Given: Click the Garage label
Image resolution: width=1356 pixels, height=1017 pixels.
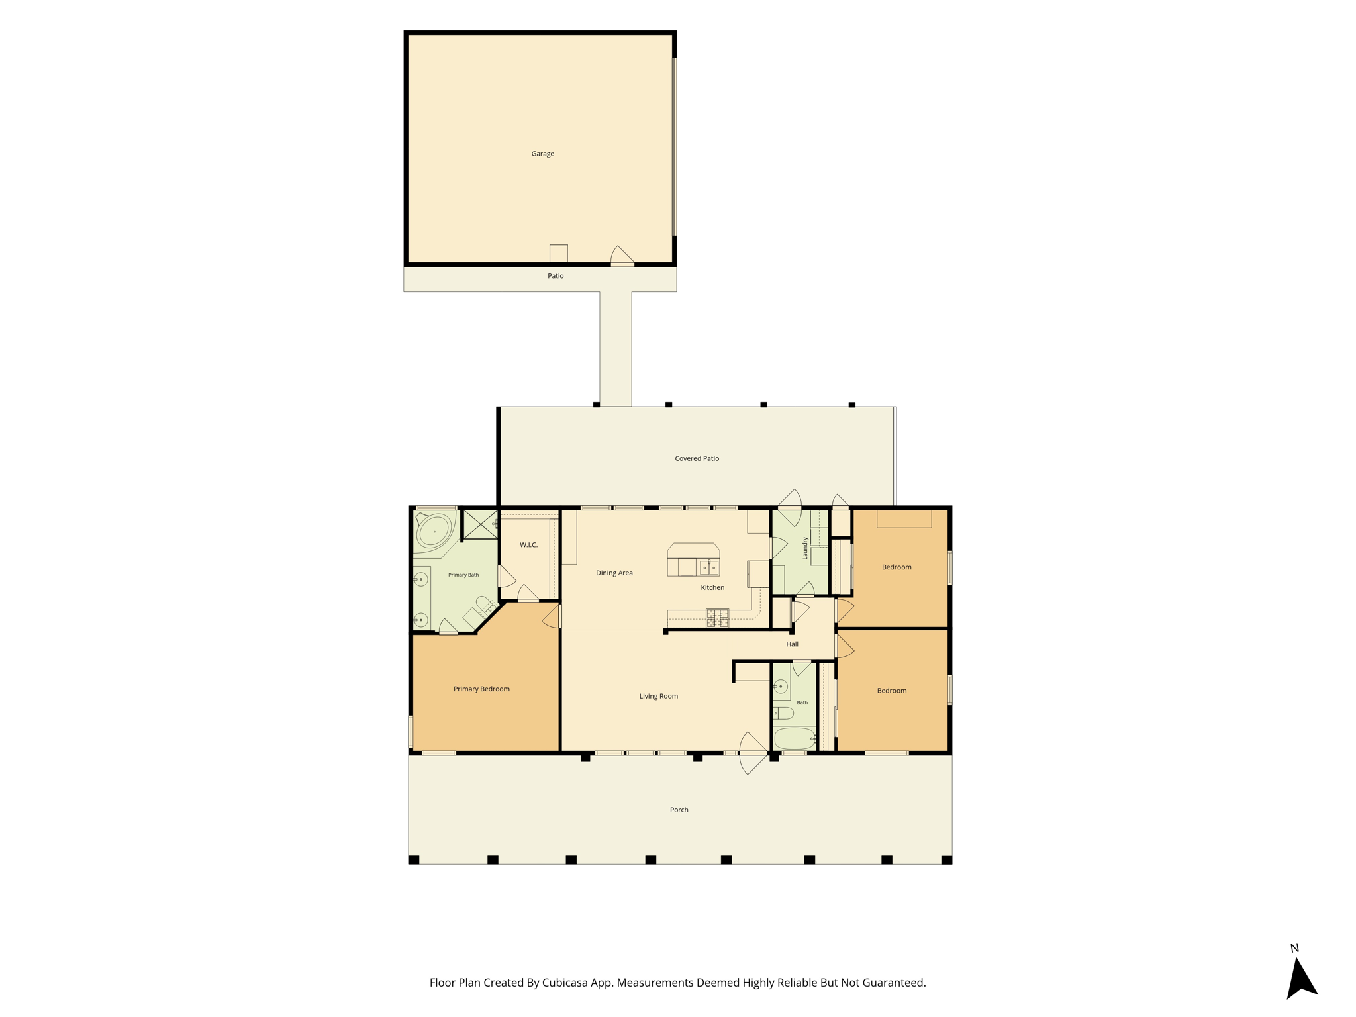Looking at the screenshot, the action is [x=542, y=154].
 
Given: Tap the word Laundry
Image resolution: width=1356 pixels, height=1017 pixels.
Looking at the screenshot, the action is [x=805, y=548].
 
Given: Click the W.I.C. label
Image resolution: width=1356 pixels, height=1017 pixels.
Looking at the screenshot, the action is [x=528, y=545].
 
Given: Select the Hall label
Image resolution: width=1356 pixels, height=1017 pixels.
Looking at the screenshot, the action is [x=792, y=644].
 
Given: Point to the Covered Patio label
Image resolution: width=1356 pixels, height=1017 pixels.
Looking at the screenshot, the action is [x=697, y=458].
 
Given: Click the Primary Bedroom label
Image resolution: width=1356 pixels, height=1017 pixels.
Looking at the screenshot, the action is [x=481, y=689].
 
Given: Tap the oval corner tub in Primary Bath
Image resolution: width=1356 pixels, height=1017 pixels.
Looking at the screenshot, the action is [x=434, y=530].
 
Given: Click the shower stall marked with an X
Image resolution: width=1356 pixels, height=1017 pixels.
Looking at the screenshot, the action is [x=480, y=524].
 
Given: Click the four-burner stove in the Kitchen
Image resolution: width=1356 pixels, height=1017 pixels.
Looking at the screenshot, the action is [x=717, y=618].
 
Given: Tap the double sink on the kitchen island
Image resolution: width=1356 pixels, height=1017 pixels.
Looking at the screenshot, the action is [x=709, y=567].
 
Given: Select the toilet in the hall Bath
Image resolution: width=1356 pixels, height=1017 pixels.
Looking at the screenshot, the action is [x=783, y=713].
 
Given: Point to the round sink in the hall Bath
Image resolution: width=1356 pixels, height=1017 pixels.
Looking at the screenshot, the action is [x=781, y=687].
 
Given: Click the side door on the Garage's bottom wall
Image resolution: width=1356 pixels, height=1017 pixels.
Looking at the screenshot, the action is [x=622, y=256].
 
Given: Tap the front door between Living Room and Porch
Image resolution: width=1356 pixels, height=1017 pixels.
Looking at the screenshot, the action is [x=753, y=753].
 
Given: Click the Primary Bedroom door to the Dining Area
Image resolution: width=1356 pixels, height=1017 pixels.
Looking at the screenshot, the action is [x=552, y=616].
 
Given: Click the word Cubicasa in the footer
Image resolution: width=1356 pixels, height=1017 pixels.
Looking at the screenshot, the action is [x=567, y=983].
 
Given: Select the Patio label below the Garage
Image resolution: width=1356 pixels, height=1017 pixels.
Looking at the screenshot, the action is [x=556, y=276].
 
